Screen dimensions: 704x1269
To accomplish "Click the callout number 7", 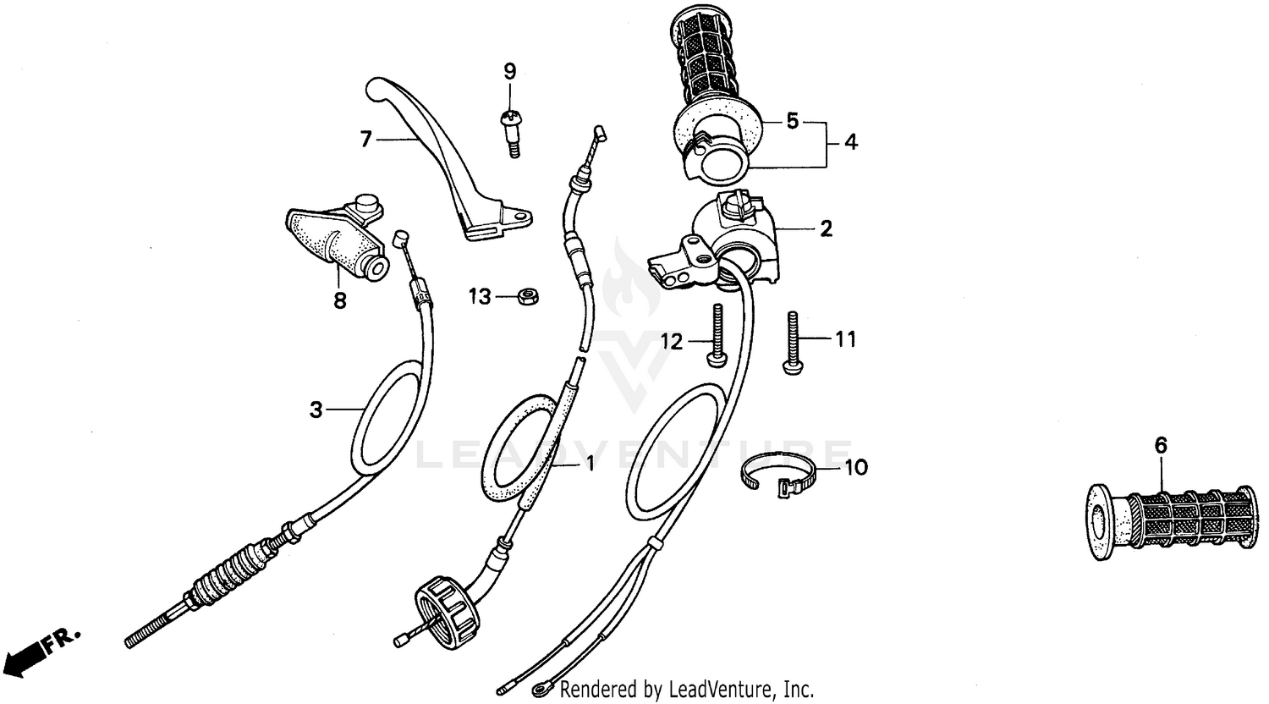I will [x=365, y=139].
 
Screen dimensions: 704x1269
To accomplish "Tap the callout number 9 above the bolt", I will [x=509, y=71].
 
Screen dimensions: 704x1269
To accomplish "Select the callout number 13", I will [x=480, y=297].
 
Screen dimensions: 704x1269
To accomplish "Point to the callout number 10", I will [x=856, y=467].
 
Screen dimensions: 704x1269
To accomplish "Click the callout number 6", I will [x=1161, y=445].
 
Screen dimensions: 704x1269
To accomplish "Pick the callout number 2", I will [x=826, y=228].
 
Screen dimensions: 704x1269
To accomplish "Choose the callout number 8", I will [x=340, y=300].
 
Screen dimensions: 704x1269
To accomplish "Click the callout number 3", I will [x=316, y=411].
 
